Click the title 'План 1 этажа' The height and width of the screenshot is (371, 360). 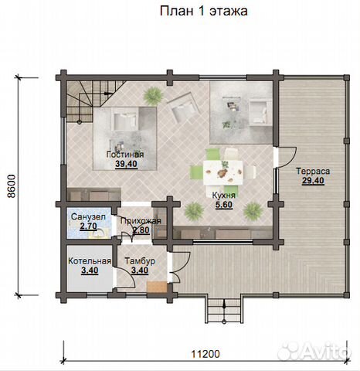[204, 12]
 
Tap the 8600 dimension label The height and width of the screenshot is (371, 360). [12, 186]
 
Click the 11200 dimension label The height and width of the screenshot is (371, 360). [205, 354]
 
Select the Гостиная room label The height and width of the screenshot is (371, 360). [125, 155]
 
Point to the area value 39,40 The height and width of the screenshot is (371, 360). [126, 164]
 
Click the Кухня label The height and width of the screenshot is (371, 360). [224, 196]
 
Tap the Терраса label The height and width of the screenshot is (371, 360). [313, 171]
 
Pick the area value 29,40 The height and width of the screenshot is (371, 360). [313, 180]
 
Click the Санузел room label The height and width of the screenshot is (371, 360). [88, 216]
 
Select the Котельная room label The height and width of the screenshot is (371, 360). [90, 261]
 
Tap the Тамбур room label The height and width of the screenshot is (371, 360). [140, 261]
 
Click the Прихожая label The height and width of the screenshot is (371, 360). [141, 221]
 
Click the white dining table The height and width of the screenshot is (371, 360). [223, 172]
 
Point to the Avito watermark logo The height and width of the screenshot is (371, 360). [314, 350]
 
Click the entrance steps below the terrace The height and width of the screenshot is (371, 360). [225, 309]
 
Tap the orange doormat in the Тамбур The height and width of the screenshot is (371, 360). [157, 287]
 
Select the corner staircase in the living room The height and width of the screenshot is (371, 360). [95, 102]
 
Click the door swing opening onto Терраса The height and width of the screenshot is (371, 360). [287, 158]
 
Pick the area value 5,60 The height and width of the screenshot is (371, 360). [224, 205]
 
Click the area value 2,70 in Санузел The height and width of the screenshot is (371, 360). [88, 226]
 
